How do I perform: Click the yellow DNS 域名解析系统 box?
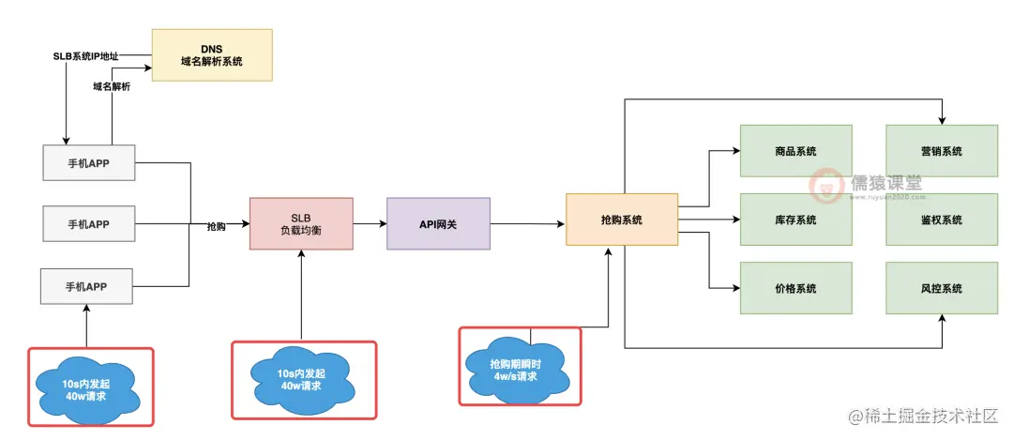212,54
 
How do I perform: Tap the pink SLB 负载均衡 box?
301,223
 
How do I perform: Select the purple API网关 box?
438,223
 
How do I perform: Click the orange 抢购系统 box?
621,220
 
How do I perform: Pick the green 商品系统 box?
795,151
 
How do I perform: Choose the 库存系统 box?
795,220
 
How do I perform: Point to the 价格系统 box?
795,288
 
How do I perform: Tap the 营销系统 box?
941,151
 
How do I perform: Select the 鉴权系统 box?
941,220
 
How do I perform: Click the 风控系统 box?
941,288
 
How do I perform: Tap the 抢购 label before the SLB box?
216,226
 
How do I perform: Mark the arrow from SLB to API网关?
370,223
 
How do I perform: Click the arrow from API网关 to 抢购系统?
527,223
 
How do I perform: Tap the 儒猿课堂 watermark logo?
865,185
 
